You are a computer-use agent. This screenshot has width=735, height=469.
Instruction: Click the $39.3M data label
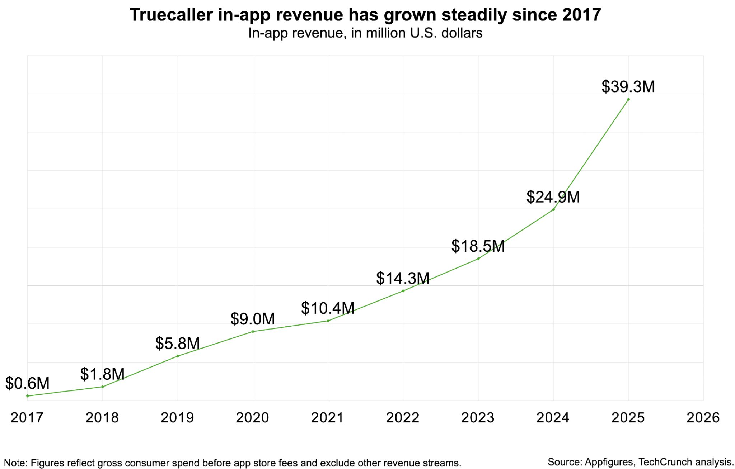[x=628, y=87]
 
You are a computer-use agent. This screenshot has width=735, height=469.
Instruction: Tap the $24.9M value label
[x=553, y=197]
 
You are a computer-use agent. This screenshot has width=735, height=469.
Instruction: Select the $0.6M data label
[x=27, y=383]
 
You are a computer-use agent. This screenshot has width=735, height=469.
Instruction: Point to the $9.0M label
[x=252, y=319]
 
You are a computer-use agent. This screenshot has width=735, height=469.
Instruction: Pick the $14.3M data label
[x=403, y=278]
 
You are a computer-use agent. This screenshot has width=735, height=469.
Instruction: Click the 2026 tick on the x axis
[x=703, y=418]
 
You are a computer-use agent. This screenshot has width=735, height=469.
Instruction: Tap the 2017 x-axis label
[x=27, y=418]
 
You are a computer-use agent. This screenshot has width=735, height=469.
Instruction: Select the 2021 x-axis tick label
[x=327, y=418]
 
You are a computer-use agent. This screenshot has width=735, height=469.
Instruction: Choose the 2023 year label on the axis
[x=478, y=418]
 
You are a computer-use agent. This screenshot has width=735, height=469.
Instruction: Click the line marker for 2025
[x=628, y=99]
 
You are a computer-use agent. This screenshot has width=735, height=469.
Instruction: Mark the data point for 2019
[x=178, y=356]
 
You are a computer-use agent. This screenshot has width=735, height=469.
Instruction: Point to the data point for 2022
[x=403, y=291]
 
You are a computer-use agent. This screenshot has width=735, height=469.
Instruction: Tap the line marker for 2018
[x=103, y=387]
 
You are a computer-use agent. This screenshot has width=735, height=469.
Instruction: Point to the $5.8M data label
[x=177, y=344]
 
